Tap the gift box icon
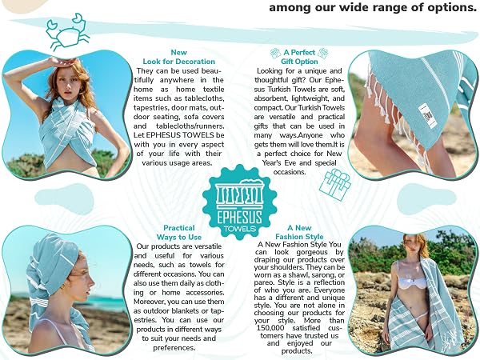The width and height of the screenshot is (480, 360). tap(335, 186)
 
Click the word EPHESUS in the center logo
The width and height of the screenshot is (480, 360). tap(239, 218)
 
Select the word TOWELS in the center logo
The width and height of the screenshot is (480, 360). tap(240, 229)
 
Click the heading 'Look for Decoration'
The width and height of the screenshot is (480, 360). tap(178, 62)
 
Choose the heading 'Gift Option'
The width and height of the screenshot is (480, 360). tap(299, 62)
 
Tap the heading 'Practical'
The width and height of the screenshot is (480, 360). tap(179, 228)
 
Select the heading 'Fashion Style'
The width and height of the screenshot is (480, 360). tap(299, 237)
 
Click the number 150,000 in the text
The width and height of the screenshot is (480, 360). tap(270, 328)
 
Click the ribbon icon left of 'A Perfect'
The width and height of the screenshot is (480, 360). tap(275, 54)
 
